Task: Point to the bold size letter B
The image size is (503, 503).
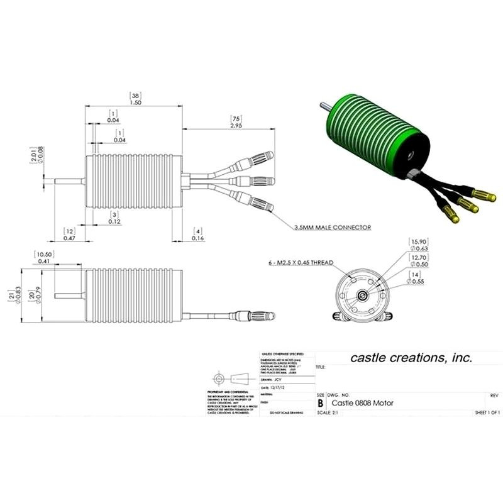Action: pos(321,402)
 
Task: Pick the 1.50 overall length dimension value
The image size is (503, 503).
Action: pos(134,102)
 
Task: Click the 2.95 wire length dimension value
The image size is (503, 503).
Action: pos(236,126)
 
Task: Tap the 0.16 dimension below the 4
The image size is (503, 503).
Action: pos(197,239)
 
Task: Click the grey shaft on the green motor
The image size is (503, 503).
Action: pos(327,105)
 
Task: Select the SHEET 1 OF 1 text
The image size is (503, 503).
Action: pos(487,413)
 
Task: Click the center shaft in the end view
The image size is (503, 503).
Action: pos(362,295)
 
